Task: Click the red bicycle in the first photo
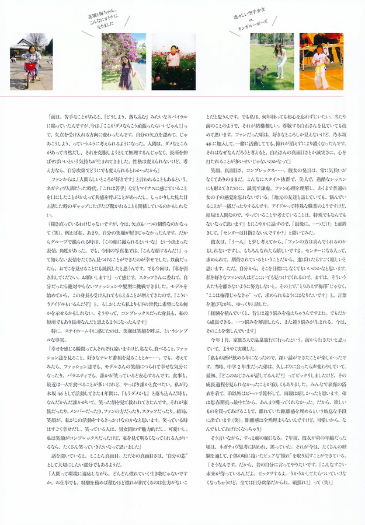pyautogui.click(x=29, y=68)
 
